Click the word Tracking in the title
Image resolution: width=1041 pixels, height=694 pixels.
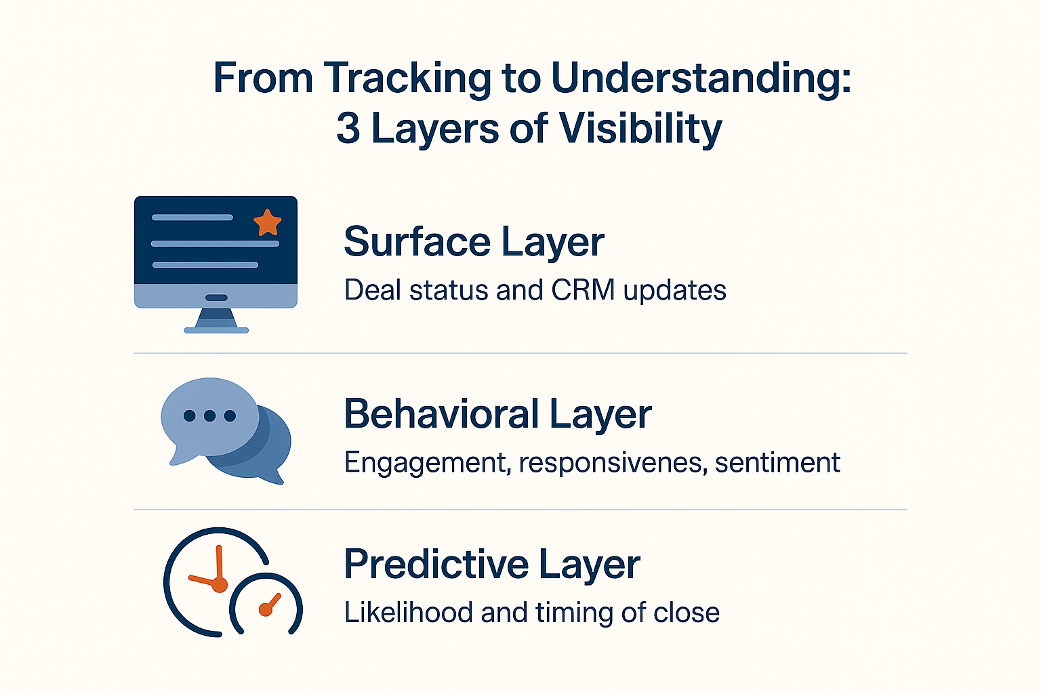click(x=407, y=79)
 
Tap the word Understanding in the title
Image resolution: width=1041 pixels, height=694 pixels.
click(x=701, y=79)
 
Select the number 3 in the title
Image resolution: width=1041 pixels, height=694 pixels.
click(x=348, y=128)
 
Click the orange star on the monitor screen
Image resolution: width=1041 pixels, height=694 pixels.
click(x=267, y=222)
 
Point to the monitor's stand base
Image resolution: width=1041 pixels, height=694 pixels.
click(x=216, y=330)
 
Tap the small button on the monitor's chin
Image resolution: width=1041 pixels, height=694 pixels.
click(x=216, y=298)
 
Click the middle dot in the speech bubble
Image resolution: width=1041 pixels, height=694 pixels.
click(x=209, y=415)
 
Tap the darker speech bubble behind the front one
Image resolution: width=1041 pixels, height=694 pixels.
click(x=268, y=451)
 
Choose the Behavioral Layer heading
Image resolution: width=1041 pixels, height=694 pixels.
click(x=497, y=414)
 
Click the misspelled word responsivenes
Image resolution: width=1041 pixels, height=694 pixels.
click(x=613, y=463)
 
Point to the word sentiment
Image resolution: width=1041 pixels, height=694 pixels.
click(x=777, y=463)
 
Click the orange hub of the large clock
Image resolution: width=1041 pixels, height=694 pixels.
click(x=220, y=584)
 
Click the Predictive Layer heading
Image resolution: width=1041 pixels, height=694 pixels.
click(x=491, y=564)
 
